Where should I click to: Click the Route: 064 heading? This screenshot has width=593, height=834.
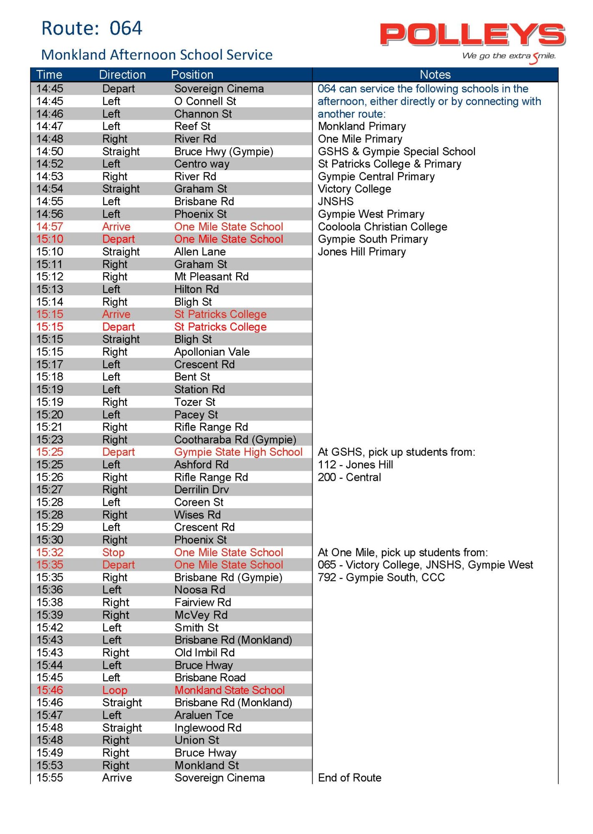click(x=92, y=28)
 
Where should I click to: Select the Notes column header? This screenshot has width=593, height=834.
click(x=435, y=75)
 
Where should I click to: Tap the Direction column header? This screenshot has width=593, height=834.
click(x=122, y=75)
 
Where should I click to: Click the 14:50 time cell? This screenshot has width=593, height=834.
click(x=50, y=151)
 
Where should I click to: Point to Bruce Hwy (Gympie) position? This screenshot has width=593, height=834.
click(x=224, y=151)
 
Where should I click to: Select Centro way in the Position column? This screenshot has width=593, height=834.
click(x=202, y=164)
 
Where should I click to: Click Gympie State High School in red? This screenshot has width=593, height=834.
click(x=238, y=452)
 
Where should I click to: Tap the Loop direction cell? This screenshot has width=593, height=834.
click(x=115, y=690)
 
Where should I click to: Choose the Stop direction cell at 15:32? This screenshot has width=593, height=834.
click(x=113, y=553)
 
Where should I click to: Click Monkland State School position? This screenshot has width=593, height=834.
click(x=230, y=690)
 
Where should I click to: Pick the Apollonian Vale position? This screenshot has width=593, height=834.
click(x=212, y=352)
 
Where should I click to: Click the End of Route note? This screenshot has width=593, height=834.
click(x=350, y=778)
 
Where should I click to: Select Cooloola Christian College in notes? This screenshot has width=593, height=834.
click(x=382, y=227)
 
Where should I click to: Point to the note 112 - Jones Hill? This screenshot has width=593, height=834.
click(x=355, y=465)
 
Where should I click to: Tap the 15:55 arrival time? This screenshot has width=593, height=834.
click(x=50, y=778)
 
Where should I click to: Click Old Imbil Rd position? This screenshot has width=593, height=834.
click(x=204, y=653)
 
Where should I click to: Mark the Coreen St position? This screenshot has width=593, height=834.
click(x=199, y=502)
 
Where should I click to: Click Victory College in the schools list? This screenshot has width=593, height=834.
click(x=354, y=189)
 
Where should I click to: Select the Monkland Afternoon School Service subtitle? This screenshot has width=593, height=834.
click(x=157, y=55)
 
